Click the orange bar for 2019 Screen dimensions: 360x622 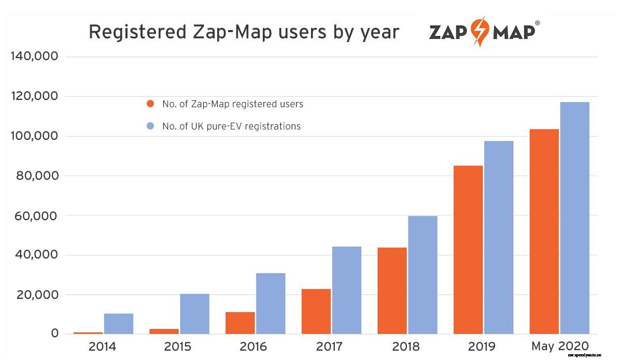(x=468, y=250)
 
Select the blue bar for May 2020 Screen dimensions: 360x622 (x=574, y=218)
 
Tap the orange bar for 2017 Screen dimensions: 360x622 (x=316, y=311)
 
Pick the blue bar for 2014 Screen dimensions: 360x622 (x=119, y=324)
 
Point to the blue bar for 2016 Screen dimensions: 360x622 (x=271, y=304)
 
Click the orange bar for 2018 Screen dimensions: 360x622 (x=392, y=291)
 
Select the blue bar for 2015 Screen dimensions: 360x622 (x=195, y=314)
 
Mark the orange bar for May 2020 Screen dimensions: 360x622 (x=544, y=232)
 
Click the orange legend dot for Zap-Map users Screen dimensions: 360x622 (x=150, y=104)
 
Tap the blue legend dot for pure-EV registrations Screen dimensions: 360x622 (x=150, y=126)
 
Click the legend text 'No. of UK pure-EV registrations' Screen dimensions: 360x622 (x=231, y=126)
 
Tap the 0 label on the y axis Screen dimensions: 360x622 (x=55, y=334)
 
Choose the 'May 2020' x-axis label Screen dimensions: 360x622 (x=560, y=347)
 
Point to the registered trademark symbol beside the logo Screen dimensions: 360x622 (x=537, y=23)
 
